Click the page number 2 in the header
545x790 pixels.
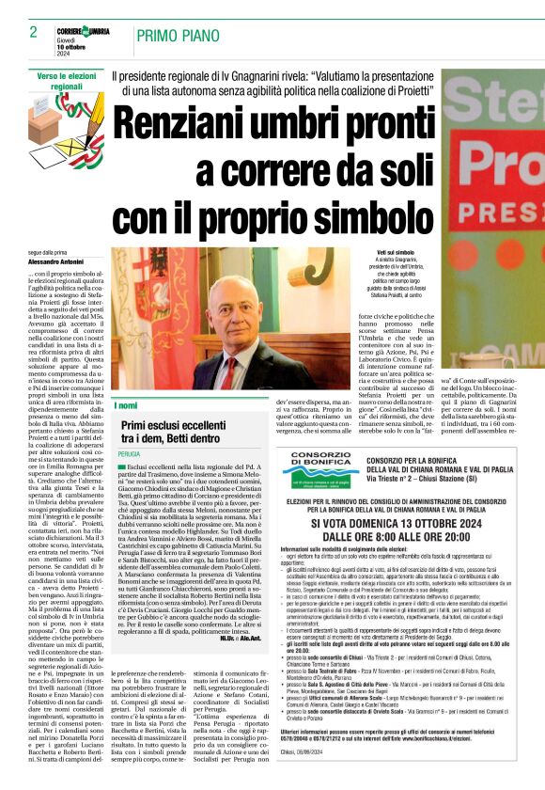click(34, 32)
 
